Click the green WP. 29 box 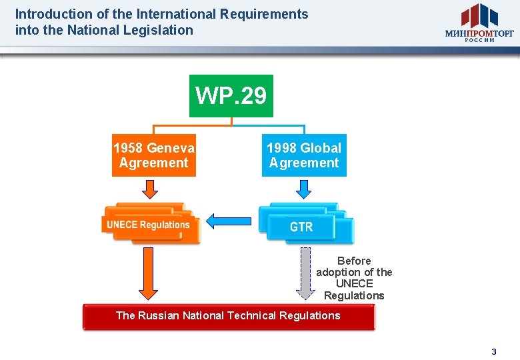(231, 96)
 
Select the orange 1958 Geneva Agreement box (154, 156)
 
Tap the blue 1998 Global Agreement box (304, 156)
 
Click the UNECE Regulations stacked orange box (149, 224)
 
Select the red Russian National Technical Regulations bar (228, 317)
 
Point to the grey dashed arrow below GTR (305, 273)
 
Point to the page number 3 (494, 351)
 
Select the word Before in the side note (354, 261)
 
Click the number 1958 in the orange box (128, 148)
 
